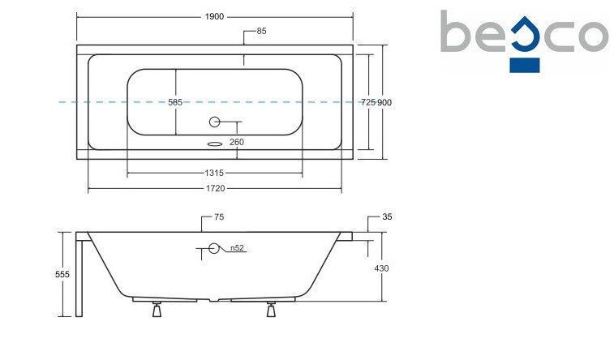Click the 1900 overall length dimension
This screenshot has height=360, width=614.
pos(214,16)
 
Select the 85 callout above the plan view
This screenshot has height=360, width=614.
pos(261,31)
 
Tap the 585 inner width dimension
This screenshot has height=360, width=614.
pos(175,102)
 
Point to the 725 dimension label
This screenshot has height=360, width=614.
pos(368,102)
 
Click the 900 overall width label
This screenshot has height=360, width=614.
pos(384,102)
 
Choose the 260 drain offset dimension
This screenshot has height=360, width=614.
pos(237,142)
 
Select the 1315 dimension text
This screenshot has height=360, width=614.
pos(214,173)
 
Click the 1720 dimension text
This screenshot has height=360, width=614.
pos(216,189)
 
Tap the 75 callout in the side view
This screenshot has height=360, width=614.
pos(219,217)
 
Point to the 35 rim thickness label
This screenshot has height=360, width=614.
pos(387,216)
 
